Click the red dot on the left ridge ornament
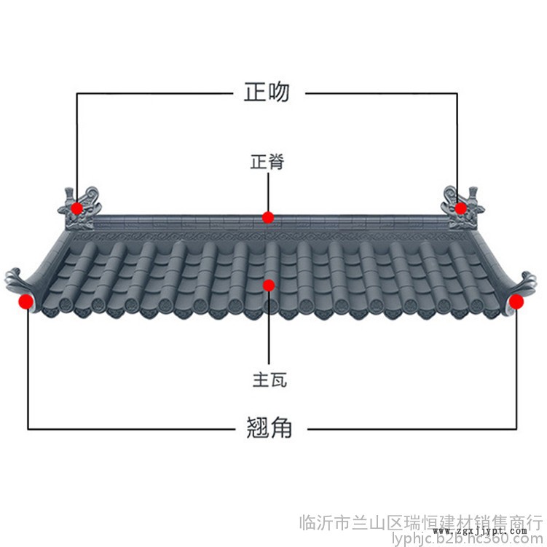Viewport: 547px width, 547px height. pos(77,208)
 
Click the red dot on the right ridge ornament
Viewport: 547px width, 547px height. pos(461,208)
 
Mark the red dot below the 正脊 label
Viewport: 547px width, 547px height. pos(269,217)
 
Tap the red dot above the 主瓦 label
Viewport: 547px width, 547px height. pos(269,286)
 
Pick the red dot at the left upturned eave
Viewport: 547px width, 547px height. pos(26,301)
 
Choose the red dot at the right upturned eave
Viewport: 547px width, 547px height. pos(516,301)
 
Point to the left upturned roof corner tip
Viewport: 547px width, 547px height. pos(13,277)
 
